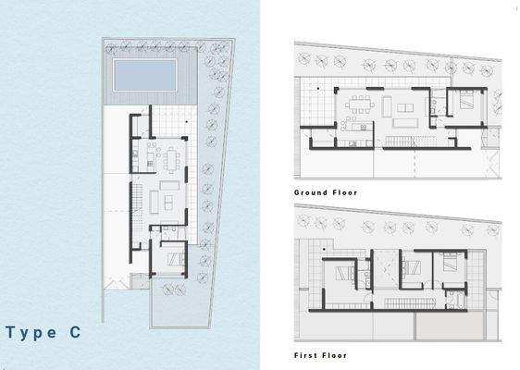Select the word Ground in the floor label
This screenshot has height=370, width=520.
(311, 192)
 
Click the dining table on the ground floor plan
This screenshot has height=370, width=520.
(356, 105)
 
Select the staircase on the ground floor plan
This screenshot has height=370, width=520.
(401, 140)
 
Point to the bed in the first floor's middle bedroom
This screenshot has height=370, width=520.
(413, 267)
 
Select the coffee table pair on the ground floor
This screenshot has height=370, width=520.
(405, 115)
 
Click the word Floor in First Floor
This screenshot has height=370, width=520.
(336, 354)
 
